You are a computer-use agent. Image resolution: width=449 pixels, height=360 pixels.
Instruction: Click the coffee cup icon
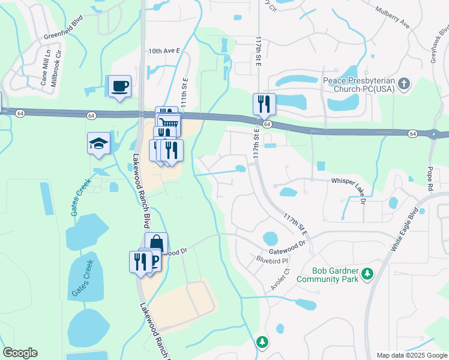119,86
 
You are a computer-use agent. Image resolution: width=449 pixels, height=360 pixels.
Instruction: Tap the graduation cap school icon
99,143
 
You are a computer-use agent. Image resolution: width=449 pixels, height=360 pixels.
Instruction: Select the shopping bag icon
156,244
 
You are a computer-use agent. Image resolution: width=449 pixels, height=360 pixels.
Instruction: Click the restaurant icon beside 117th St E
264,104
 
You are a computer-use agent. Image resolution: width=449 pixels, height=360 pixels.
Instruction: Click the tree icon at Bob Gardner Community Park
367,275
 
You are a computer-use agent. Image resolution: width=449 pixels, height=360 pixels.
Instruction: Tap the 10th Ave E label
164,52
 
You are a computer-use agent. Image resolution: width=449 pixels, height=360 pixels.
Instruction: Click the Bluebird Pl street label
273,260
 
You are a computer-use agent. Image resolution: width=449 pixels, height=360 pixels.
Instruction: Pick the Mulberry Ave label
392,19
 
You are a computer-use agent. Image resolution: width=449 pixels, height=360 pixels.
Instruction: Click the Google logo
20,353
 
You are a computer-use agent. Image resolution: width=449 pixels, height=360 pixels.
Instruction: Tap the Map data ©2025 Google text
411,355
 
